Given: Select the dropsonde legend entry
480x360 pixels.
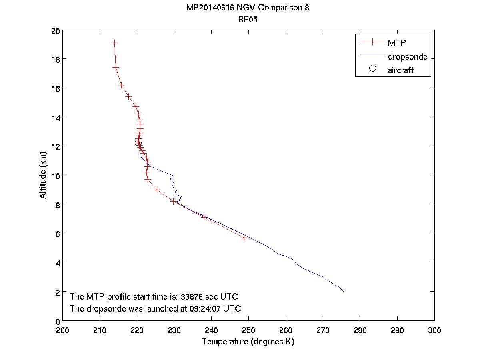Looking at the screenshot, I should pyautogui.click(x=407, y=57).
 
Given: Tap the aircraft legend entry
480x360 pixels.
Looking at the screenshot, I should pyautogui.click(x=400, y=70).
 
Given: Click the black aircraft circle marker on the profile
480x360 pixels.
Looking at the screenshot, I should pyautogui.click(x=138, y=143).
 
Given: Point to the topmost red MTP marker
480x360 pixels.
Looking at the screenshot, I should pyautogui.click(x=115, y=42).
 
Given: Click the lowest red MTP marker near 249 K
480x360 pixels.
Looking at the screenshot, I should pyautogui.click(x=244, y=238).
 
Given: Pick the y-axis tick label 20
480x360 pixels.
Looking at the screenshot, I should pyautogui.click(x=55, y=30).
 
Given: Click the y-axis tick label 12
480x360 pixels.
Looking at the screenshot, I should pyautogui.click(x=55, y=146).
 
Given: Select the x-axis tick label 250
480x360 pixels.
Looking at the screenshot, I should pyautogui.click(x=248, y=330).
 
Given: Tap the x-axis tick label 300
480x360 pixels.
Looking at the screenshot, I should pyautogui.click(x=434, y=330).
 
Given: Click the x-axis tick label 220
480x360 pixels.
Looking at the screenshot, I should pyautogui.click(x=137, y=330).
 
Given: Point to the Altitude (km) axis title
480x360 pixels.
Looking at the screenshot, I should pyautogui.click(x=43, y=176).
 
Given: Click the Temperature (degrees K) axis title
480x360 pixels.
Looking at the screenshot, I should pyautogui.click(x=248, y=342).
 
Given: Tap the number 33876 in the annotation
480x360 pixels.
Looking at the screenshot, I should pyautogui.click(x=194, y=297).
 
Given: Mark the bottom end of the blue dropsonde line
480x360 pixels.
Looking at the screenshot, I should pyautogui.click(x=343, y=291).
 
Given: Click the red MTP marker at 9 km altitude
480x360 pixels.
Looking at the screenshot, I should pyautogui.click(x=157, y=190).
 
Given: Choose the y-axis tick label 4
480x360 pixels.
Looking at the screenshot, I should pyautogui.click(x=57, y=263).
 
